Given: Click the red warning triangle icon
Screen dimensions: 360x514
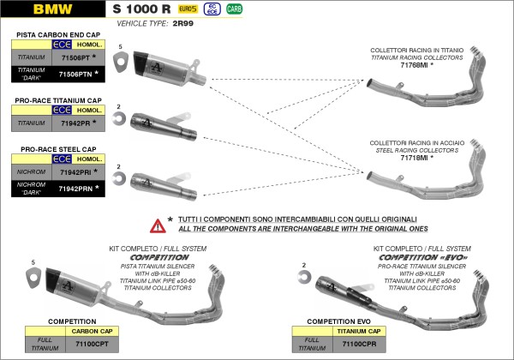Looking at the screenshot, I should point(158,225).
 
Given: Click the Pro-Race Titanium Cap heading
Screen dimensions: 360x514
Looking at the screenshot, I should point(58,100).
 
